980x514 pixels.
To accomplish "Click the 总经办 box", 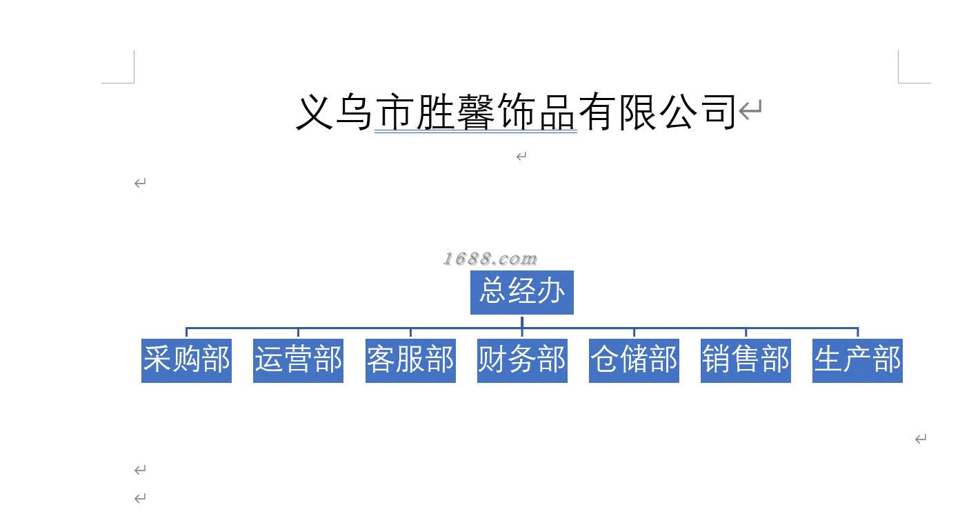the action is [521, 292].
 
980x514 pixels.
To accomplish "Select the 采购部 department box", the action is [186, 360].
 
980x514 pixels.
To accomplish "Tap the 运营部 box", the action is [298, 360].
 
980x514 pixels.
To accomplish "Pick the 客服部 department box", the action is [410, 360].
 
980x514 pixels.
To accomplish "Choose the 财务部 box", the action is [522, 360].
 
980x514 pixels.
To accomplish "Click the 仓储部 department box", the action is [634, 360].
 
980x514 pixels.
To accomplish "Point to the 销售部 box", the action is [746, 360].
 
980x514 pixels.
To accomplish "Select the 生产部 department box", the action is [857, 360].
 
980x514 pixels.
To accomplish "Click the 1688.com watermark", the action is [490, 259].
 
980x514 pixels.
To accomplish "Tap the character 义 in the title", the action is [315, 112].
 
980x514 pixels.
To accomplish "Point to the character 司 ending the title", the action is [719, 112].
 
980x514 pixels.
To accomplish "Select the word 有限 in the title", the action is [617, 112].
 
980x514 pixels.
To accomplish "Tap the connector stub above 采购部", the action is [186, 333].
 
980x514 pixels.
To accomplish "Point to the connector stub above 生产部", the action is [857, 333].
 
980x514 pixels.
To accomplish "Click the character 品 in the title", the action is [557, 112].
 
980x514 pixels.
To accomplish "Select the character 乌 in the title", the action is [355, 112].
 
